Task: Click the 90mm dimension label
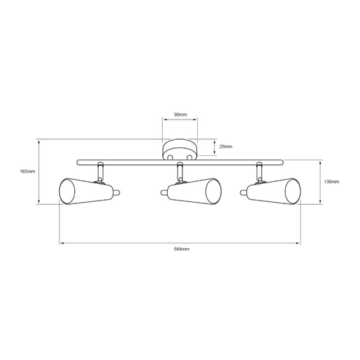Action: [x=180, y=115]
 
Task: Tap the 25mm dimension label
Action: [x=226, y=147]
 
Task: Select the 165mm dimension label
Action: [x=27, y=171]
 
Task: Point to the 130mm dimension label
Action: [x=331, y=182]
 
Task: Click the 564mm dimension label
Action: [x=182, y=249]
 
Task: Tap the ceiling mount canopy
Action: [x=180, y=150]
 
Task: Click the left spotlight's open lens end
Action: [x=67, y=192]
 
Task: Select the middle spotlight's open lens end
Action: [x=213, y=192]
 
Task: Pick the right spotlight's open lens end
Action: [x=293, y=192]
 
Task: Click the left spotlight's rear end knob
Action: [x=117, y=192]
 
